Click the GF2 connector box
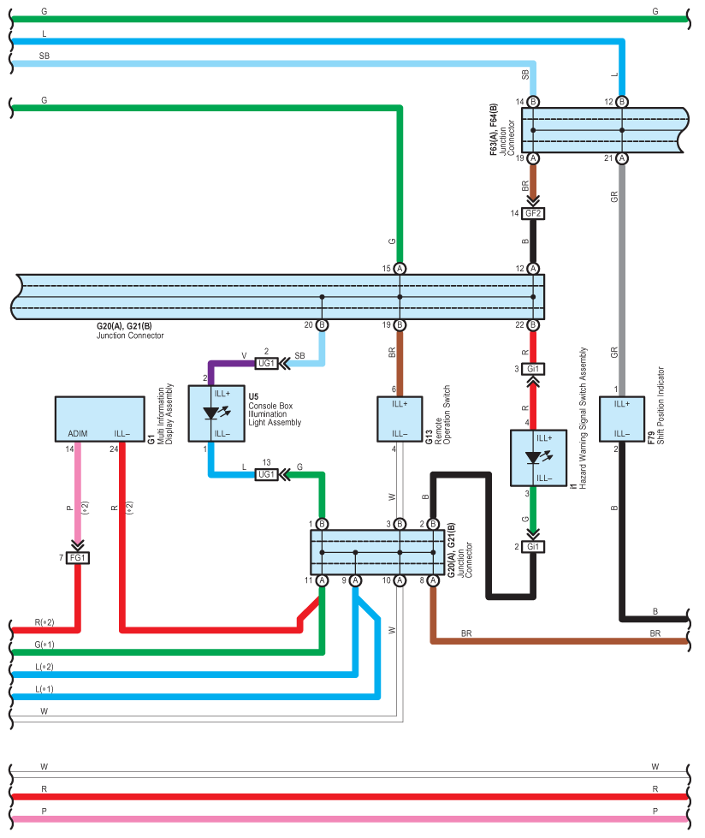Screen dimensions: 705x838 (x=533, y=213)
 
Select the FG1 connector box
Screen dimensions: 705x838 (x=78, y=558)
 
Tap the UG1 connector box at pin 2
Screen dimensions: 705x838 (x=266, y=364)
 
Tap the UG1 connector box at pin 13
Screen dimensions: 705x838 (x=266, y=474)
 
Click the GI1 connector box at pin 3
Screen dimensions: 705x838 (x=533, y=369)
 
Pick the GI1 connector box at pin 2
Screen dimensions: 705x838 (x=533, y=547)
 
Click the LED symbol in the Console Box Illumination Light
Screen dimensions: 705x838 (x=216, y=413)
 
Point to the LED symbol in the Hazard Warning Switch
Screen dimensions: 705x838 (x=538, y=457)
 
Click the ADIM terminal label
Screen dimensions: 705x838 (x=78, y=433)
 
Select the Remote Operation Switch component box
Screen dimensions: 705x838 (x=400, y=419)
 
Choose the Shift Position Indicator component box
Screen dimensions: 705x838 (x=622, y=419)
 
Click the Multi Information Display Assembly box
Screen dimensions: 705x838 (x=100, y=419)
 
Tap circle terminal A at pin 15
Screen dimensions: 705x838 (x=400, y=268)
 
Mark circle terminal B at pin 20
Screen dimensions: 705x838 (x=322, y=325)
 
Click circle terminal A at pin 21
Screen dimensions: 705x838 (x=622, y=158)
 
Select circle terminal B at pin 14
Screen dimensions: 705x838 (x=533, y=102)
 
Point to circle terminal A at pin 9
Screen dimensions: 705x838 (x=355, y=580)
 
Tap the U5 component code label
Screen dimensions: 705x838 (x=253, y=396)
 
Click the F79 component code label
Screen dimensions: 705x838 (x=651, y=437)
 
